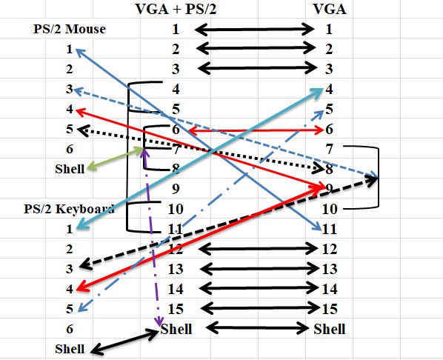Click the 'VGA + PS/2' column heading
pos(176,9)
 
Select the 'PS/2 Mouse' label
pos(70,29)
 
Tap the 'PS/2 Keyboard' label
pos(69,209)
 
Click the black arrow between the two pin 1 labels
pos(254,30)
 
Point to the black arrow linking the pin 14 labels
pos(259,288)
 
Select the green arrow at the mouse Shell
pos(116,159)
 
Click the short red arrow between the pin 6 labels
pos(256,130)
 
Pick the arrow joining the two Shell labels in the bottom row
pos(258,328)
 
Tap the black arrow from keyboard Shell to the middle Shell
pos(124,341)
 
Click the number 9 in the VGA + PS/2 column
pos(176,188)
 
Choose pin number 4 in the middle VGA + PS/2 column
pos(176,89)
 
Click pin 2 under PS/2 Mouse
pos(70,69)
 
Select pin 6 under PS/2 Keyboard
pos(70,329)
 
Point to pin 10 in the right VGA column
pos(330,209)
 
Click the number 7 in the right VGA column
pos(330,149)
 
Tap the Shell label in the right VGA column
pos(330,329)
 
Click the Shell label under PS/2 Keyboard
pos(70,349)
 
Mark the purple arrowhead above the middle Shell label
pos(159,321)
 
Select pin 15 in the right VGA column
pos(330,309)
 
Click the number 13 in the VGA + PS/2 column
pos(176,269)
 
